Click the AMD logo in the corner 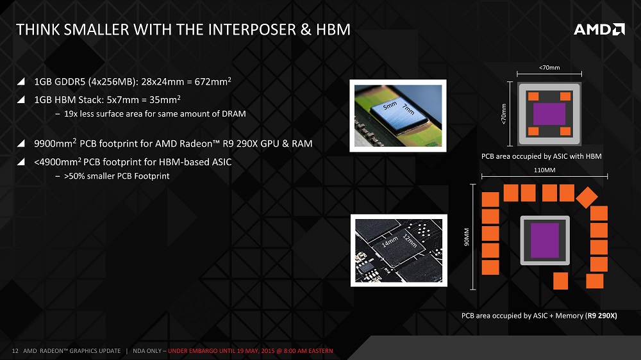599,29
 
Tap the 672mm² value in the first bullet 213,81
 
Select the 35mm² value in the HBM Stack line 165,99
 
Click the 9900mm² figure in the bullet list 55,143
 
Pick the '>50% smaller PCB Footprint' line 117,176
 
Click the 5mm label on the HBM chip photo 390,106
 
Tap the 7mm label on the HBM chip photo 408,109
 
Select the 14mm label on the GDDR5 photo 390,241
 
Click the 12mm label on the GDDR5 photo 410,241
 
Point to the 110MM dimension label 544,170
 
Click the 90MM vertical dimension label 467,237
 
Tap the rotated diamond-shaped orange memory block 587,197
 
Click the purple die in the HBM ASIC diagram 549,113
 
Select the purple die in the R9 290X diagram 544,240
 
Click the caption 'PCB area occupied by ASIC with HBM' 541,156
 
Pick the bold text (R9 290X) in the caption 601,315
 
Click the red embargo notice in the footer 251,350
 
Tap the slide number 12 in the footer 15,350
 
